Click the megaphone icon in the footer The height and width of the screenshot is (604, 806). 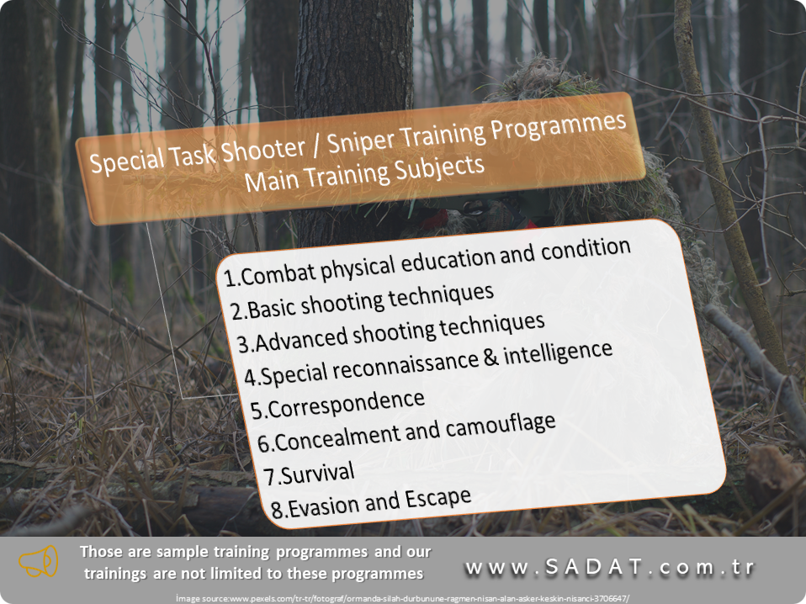pos(38,561)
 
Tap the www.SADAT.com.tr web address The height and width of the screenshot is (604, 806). pos(610,567)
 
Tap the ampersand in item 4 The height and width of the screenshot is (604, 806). pos(490,358)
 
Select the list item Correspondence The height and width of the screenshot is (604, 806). pos(337,405)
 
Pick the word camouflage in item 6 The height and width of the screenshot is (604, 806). pos(500,427)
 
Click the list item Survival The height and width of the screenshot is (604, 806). pos(310,474)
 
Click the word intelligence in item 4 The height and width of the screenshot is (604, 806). pos(558,353)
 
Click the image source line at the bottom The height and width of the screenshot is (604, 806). pos(402,598)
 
